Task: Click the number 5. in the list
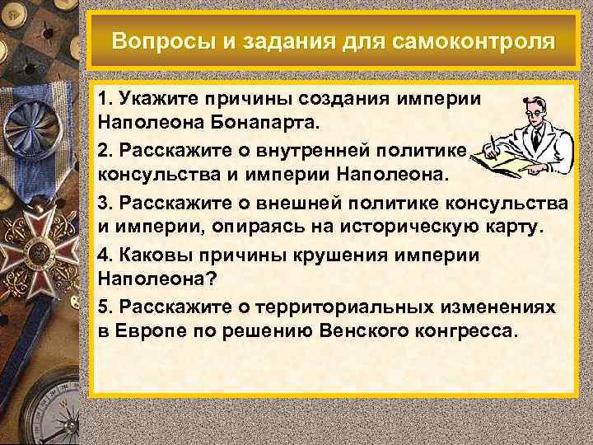(104, 307)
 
